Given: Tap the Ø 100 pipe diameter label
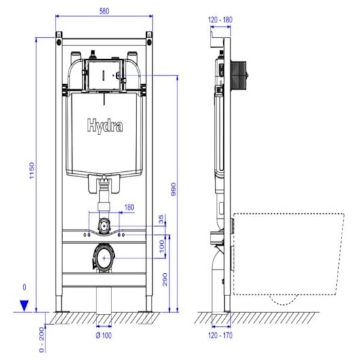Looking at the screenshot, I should coord(103,335).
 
